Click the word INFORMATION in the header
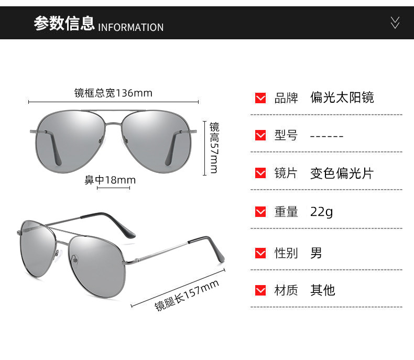(x=130, y=27)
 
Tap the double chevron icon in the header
(x=395, y=22)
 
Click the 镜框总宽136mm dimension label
(x=113, y=93)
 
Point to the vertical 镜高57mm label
(x=214, y=148)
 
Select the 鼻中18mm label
(x=110, y=180)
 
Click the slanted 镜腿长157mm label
(x=187, y=296)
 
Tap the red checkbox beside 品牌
(x=260, y=98)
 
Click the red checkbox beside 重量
(x=260, y=212)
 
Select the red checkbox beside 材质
(x=260, y=290)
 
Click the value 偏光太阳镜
(x=342, y=97)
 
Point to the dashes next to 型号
(x=326, y=136)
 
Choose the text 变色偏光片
(x=341, y=173)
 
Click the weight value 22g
(x=321, y=212)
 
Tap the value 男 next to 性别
(x=316, y=253)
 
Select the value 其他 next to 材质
(x=322, y=290)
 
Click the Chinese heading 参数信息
(x=64, y=24)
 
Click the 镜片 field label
(x=286, y=173)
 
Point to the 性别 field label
(x=286, y=253)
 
